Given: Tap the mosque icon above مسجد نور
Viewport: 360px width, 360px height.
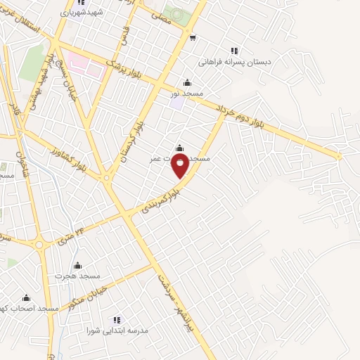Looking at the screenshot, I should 187,82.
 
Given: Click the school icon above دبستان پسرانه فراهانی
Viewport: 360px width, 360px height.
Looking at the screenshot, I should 234,51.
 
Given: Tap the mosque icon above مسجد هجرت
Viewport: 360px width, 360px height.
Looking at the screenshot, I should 77,266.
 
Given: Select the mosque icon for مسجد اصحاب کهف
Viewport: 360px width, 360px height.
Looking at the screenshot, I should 27,298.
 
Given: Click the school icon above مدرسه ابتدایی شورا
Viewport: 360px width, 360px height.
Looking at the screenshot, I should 117,320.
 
